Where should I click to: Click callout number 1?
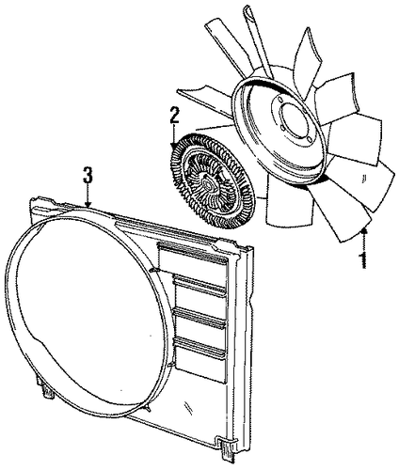point(363,259)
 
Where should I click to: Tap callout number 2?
point(174,116)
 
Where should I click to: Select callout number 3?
point(88,175)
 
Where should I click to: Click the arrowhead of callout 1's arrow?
point(364,231)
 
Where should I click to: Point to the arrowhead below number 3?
point(88,204)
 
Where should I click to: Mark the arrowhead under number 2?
point(174,145)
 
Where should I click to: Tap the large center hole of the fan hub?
point(294,117)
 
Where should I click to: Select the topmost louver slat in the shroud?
point(193,253)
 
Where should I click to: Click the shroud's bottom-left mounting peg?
point(48,391)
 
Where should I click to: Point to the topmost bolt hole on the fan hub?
point(279,101)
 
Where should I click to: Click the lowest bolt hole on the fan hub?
point(309,139)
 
